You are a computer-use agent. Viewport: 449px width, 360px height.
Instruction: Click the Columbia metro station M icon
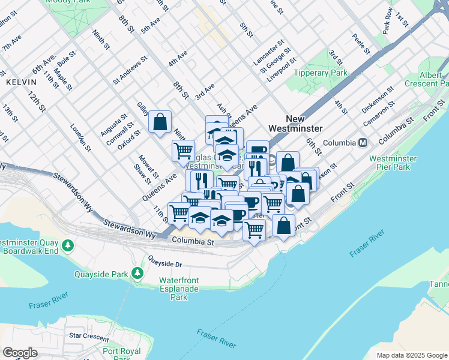(363, 143)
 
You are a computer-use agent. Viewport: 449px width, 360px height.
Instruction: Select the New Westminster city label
(295, 124)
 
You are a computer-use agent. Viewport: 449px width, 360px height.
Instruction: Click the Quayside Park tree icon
(137, 274)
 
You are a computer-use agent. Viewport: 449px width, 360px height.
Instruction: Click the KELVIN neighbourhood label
(18, 80)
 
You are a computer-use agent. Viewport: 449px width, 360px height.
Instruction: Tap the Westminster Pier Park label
(390, 163)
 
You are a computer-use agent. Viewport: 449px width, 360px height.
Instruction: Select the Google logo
(20, 353)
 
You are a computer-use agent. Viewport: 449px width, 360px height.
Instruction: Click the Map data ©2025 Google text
(411, 355)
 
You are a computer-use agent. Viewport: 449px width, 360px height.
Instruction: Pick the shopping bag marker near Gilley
(160, 122)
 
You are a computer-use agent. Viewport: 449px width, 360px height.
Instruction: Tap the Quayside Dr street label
(165, 263)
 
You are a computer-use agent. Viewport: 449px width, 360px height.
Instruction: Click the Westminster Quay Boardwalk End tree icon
(69, 245)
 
